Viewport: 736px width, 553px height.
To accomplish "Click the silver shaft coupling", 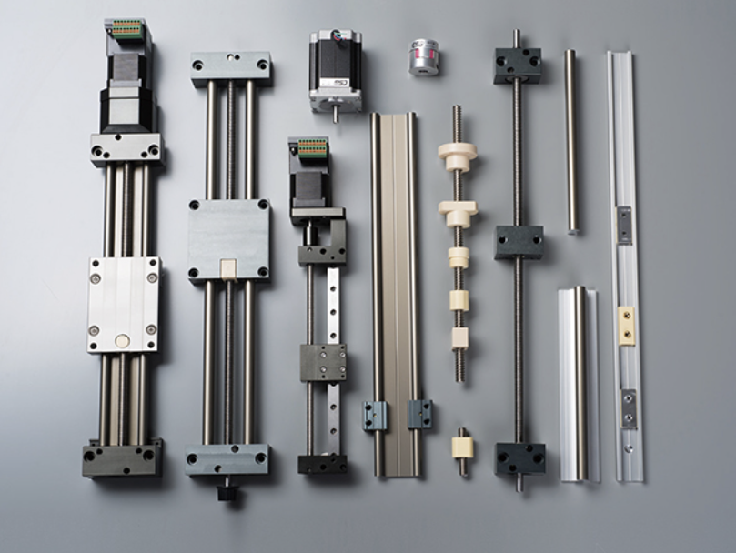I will [x=423, y=55].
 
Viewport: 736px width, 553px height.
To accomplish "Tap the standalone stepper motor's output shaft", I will [x=334, y=115].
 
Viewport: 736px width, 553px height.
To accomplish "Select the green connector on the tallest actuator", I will [x=127, y=27].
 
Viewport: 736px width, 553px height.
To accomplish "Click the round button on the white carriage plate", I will [x=122, y=342].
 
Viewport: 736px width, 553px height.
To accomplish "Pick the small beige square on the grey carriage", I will [x=229, y=267].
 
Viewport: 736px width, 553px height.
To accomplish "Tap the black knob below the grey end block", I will [x=227, y=492].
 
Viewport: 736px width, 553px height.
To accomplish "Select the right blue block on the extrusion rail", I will [x=419, y=414].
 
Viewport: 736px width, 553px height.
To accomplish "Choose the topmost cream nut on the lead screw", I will [x=457, y=156].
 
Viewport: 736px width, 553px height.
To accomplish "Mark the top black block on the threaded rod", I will [x=519, y=65].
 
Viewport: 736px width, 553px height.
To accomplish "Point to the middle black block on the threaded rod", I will [x=519, y=243].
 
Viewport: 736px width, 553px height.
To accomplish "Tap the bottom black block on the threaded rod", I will [x=519, y=457].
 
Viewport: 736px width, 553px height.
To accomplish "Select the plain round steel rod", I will [x=570, y=141].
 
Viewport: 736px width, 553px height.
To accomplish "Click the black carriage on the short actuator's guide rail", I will [x=323, y=362].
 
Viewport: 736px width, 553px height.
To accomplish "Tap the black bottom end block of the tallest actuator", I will [x=123, y=459].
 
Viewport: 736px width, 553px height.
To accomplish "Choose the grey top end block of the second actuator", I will [x=231, y=68].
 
